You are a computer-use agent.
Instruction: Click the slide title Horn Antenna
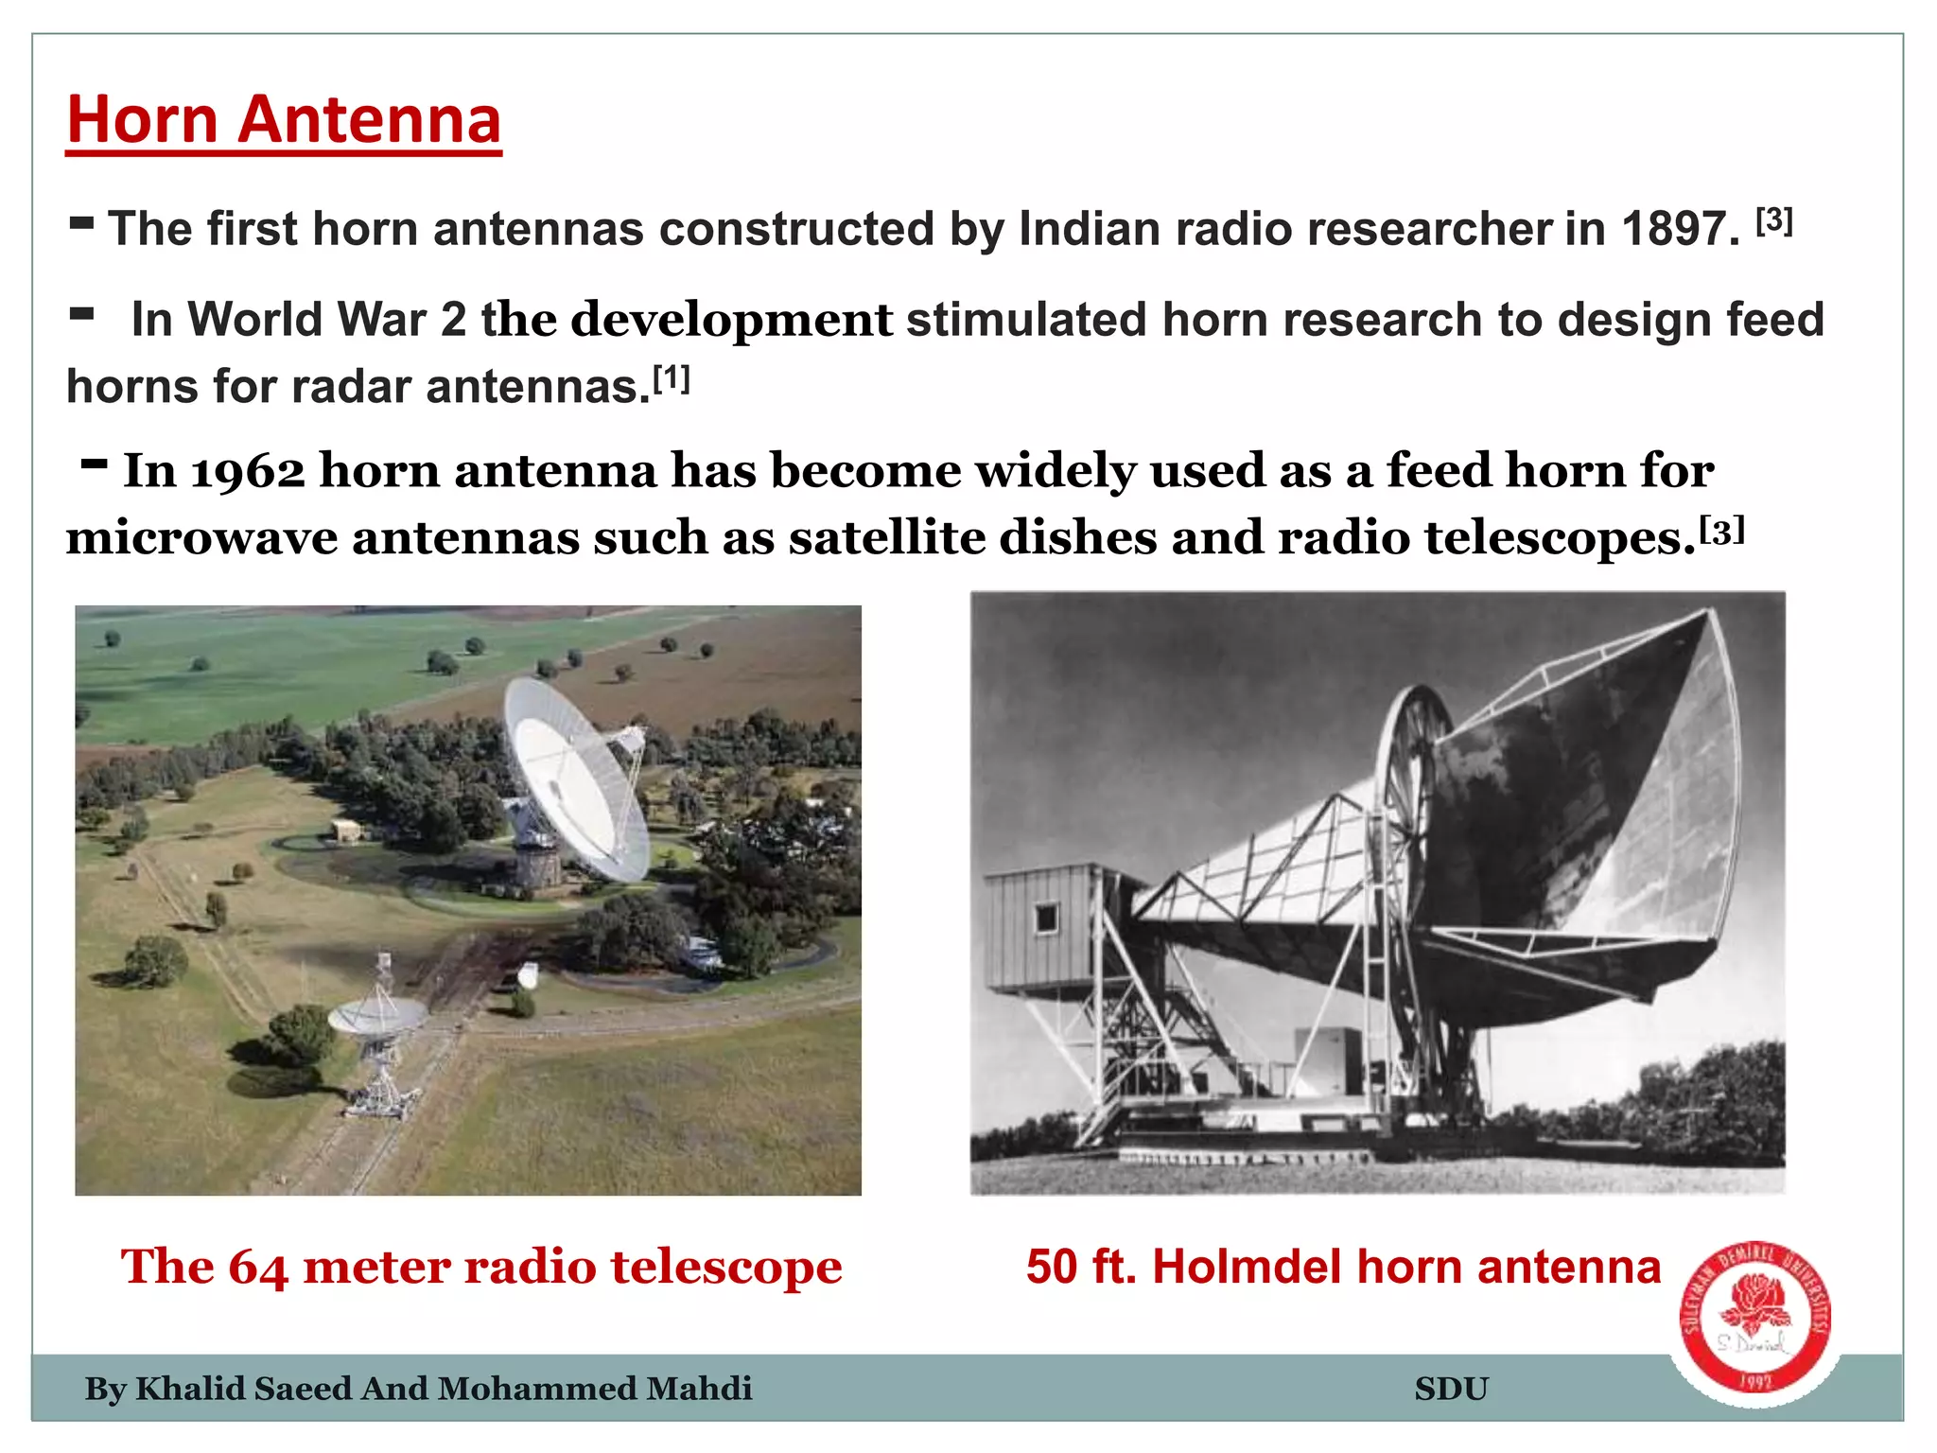[x=284, y=120]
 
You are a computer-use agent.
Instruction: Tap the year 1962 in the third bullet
[x=248, y=471]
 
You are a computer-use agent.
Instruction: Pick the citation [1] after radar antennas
[x=672, y=379]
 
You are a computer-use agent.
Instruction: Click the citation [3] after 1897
[x=1774, y=221]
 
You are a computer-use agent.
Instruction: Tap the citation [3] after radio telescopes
[x=1721, y=532]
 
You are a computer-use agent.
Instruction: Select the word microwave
[x=201, y=538]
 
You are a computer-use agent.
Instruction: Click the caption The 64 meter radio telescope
[x=480, y=1267]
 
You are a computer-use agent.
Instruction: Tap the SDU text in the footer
[x=1451, y=1389]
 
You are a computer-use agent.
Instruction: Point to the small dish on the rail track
[x=376, y=1017]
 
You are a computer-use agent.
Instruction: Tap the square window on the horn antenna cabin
[x=1046, y=918]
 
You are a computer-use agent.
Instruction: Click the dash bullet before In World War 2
[x=82, y=315]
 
